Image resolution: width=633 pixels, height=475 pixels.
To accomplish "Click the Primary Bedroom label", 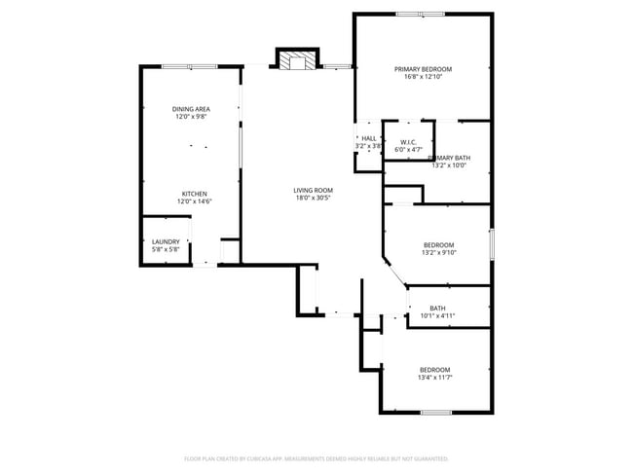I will point(423,69).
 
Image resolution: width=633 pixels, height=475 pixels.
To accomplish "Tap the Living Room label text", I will point(314,190).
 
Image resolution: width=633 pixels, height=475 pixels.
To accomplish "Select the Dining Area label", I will point(191,109).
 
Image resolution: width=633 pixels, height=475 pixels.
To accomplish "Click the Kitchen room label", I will point(195,194).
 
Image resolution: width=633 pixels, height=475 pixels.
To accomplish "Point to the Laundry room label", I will point(166,241).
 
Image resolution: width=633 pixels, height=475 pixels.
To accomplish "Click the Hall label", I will point(369,138).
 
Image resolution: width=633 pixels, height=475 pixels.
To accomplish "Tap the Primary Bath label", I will point(451,158).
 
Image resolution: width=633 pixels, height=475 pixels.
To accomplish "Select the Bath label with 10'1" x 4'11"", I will point(437,309).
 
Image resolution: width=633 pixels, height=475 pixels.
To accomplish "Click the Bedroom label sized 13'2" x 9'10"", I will point(438,245).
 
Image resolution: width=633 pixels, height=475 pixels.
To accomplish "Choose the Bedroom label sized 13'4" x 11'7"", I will point(434,369).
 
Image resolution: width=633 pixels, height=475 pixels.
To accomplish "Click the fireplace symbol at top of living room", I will point(296,61).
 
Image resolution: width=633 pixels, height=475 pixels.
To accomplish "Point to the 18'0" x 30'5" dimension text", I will point(314,198).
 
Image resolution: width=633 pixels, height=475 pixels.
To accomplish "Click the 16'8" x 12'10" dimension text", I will point(423,77).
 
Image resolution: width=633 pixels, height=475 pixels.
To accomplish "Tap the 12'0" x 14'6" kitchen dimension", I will point(195,201).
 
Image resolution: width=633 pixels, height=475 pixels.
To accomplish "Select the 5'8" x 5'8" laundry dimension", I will point(166,249).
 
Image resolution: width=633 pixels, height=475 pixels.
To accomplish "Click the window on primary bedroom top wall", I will point(423,14).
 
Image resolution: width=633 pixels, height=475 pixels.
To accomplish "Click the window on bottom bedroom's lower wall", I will point(434,413).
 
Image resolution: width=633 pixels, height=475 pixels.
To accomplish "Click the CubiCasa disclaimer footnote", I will point(316,457).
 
